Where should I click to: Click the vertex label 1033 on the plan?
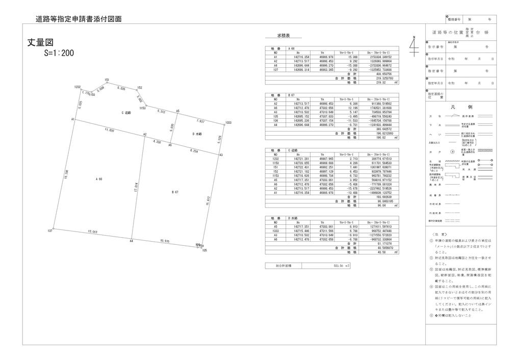[228, 122]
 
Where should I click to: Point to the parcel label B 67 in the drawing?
[174, 192]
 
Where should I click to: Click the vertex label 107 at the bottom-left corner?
[50, 232]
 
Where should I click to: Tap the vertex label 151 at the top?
[107, 80]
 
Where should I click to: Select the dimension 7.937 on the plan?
[200, 121]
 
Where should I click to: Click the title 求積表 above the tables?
[284, 37]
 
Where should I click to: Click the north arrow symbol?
[414, 46]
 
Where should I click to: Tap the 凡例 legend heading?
[455, 107]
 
